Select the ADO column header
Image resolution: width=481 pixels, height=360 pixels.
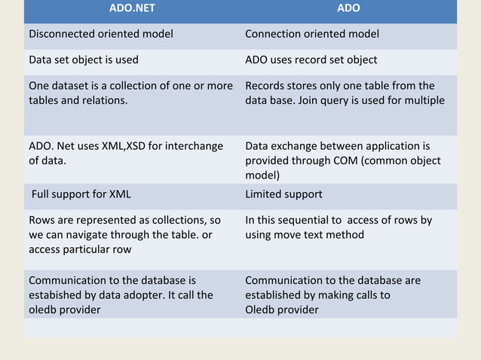click(x=348, y=8)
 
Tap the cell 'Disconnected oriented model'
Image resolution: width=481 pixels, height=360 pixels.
click(x=101, y=34)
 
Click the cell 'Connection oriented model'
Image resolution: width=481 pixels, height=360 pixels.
click(x=312, y=34)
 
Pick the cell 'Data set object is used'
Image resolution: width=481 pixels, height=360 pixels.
click(x=84, y=59)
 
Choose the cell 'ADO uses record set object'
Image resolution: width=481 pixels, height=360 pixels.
click(x=311, y=59)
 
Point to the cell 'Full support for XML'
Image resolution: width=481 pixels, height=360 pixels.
click(x=81, y=194)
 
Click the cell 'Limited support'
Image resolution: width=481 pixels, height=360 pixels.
click(x=283, y=194)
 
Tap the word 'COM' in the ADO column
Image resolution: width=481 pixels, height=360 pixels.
click(x=355, y=160)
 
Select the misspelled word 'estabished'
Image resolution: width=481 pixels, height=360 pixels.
click(x=55, y=295)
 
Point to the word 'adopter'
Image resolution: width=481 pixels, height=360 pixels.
click(x=149, y=295)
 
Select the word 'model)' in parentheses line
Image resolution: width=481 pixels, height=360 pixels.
click(x=262, y=175)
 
